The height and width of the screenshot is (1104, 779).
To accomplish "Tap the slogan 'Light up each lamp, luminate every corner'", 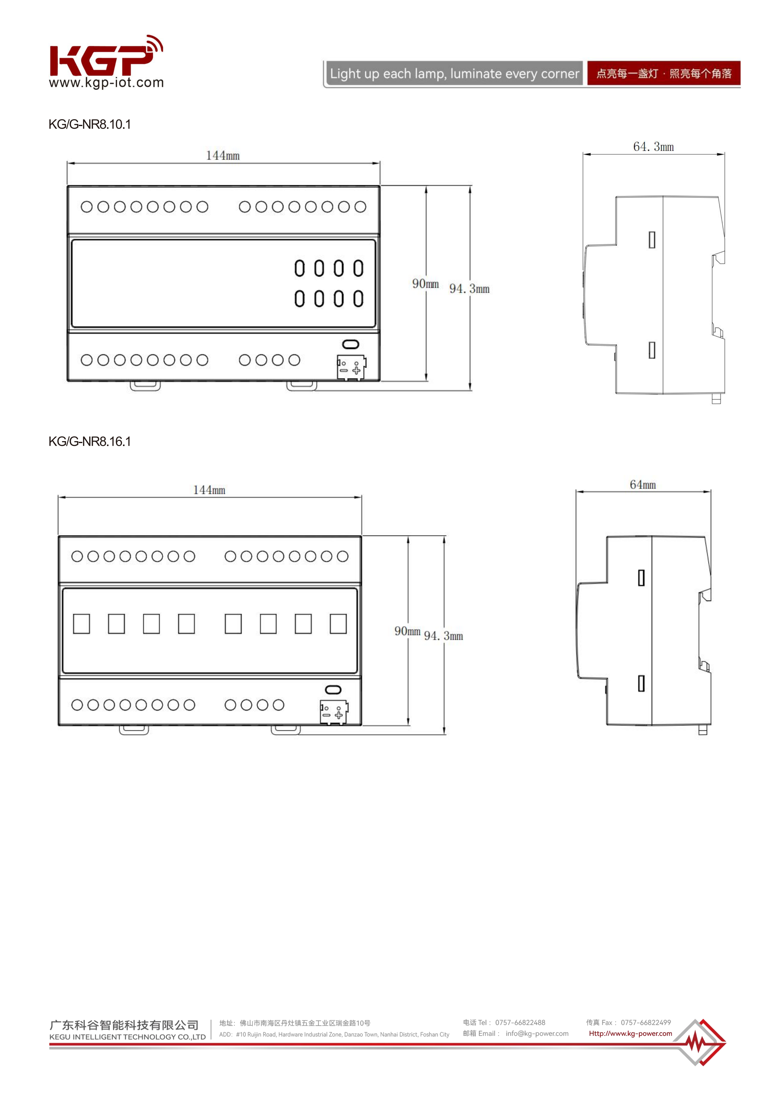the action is coord(454,74).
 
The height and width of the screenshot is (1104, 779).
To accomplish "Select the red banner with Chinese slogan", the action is coord(664,74).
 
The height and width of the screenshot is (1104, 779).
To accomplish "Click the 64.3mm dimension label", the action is coord(653,147).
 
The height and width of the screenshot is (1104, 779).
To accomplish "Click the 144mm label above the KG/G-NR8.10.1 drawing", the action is coord(223,155).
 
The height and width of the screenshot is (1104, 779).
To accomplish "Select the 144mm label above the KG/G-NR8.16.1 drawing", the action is coord(209,490).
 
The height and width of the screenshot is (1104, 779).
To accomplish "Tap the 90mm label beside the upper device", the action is coord(425,284).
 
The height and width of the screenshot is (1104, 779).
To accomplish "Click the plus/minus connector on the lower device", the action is coord(334,712).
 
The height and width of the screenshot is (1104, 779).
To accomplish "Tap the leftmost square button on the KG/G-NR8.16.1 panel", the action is coord(81,624).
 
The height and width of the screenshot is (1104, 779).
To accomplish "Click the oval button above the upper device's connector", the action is coord(350,344).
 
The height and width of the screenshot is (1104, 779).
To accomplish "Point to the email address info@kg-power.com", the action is coord(537,1033).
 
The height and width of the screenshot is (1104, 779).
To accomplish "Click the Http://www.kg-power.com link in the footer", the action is coord(631,1033).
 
